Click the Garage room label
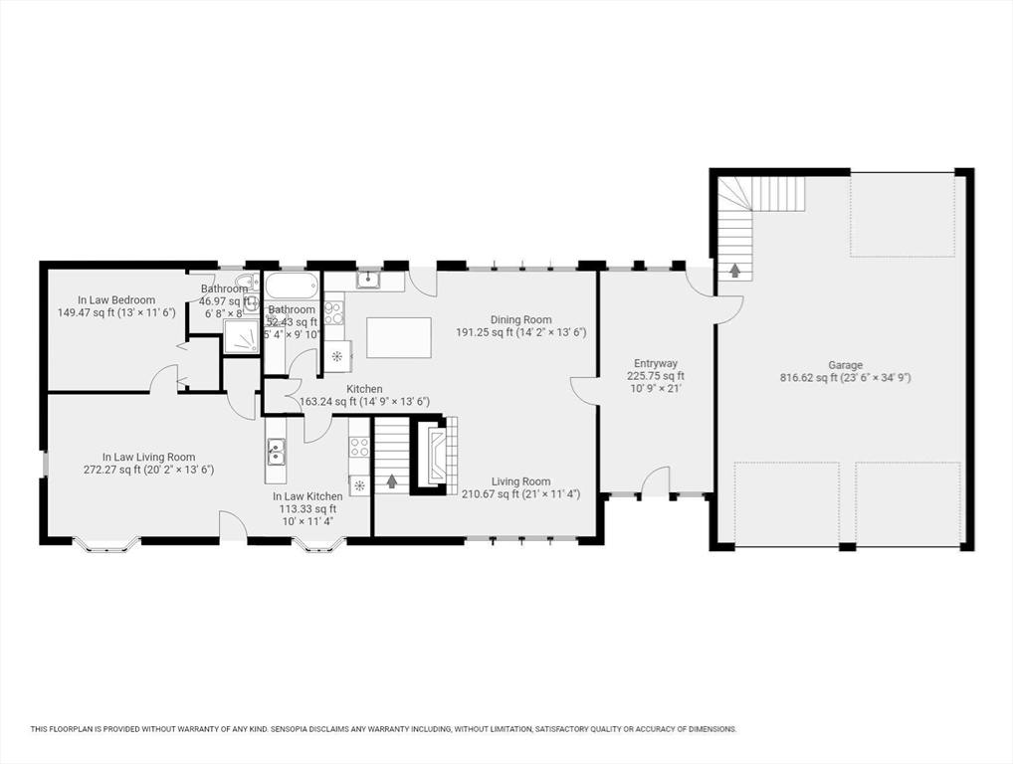pyautogui.click(x=845, y=365)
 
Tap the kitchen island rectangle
pyautogui.click(x=399, y=337)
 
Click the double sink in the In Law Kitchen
pyautogui.click(x=276, y=454)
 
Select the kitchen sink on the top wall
pyautogui.click(x=367, y=281)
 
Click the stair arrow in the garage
pyautogui.click(x=735, y=270)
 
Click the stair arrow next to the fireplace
pyautogui.click(x=391, y=481)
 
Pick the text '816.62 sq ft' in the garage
pyautogui.click(x=808, y=378)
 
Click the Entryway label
pyautogui.click(x=656, y=364)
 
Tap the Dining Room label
pyautogui.click(x=520, y=320)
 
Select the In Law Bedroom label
pyautogui.click(x=116, y=300)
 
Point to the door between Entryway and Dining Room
pyautogui.click(x=584, y=390)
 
